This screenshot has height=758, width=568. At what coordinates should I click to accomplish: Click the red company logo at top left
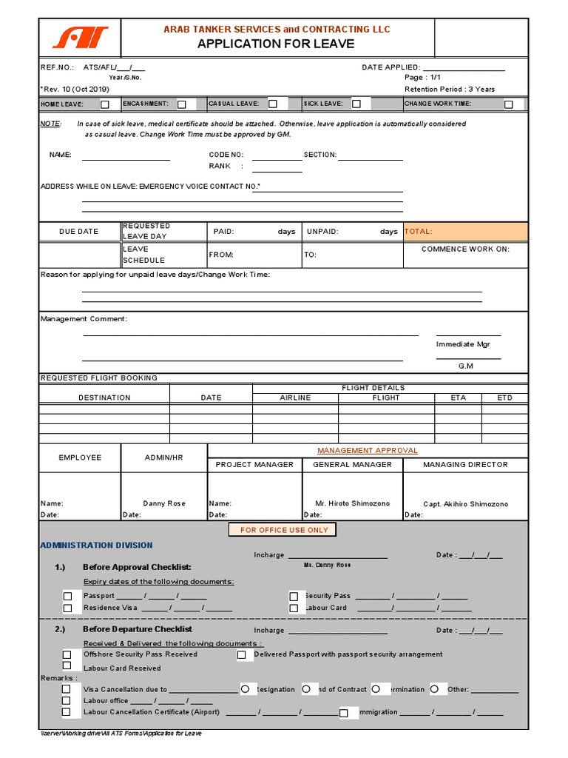tap(79, 37)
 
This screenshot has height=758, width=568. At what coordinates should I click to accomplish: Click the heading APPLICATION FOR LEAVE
tap(276, 44)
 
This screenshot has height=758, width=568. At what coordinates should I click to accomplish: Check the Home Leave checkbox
tap(105, 104)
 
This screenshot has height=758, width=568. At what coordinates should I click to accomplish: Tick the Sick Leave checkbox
tap(356, 104)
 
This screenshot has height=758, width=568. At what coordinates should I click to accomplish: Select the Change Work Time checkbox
tap(508, 104)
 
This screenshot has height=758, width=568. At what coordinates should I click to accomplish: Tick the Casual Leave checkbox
tap(273, 104)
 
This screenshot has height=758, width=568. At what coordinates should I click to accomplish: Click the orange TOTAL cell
tap(465, 232)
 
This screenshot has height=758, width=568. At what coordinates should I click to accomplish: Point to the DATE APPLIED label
tap(390, 67)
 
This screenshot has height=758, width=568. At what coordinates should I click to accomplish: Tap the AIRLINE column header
tap(295, 398)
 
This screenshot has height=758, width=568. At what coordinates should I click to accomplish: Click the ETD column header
tap(504, 398)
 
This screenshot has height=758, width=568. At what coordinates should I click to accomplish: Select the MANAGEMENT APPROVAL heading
tap(368, 450)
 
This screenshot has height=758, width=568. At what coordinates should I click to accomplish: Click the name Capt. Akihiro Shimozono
tap(465, 504)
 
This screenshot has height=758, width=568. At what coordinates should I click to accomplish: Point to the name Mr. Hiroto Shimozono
tap(352, 503)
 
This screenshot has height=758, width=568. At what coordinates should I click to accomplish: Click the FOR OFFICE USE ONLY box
tap(284, 530)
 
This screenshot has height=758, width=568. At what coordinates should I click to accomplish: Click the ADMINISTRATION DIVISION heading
tap(96, 546)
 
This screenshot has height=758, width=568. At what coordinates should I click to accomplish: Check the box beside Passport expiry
tap(67, 596)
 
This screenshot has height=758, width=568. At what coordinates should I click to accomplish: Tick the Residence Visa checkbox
tap(67, 608)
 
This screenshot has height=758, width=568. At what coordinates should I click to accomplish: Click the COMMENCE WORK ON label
tap(465, 249)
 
